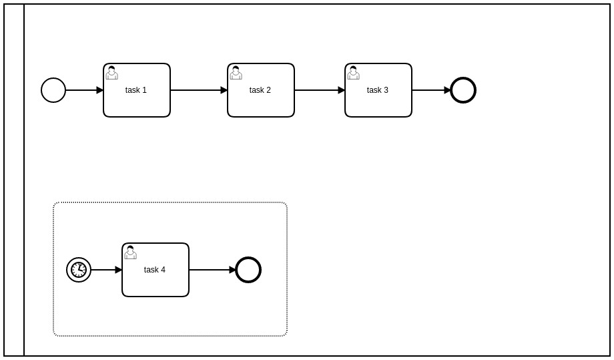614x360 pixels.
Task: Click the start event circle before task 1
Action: [53, 90]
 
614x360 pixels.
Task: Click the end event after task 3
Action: [463, 90]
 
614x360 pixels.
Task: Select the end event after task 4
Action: [248, 270]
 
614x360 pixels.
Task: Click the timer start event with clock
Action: [79, 270]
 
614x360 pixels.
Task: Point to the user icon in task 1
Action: [111, 73]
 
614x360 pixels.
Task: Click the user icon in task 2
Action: [236, 73]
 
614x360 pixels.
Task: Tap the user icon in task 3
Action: [353, 73]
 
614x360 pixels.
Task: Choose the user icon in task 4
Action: [130, 252]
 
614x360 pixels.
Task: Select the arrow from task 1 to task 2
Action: [199, 90]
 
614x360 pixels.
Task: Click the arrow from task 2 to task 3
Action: [320, 90]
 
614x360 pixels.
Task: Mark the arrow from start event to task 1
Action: [84, 90]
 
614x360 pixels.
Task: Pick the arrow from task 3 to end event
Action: [431, 90]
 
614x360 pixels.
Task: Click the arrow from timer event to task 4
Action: [106, 270]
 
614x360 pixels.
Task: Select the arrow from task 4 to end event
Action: [212, 270]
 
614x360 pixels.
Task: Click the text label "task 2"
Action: [260, 90]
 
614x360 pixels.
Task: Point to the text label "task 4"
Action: [155, 270]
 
